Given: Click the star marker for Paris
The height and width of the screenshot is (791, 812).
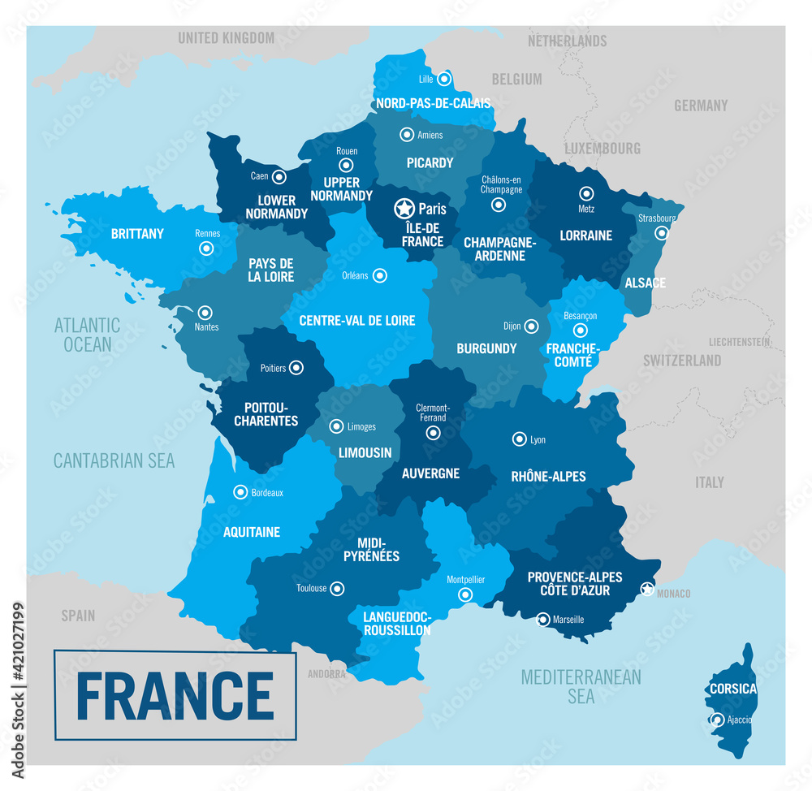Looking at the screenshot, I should (404, 209).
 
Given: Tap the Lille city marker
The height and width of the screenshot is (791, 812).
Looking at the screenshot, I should (444, 79).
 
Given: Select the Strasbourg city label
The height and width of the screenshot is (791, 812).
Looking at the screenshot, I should (656, 218).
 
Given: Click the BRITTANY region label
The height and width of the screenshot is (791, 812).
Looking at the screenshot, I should (137, 234).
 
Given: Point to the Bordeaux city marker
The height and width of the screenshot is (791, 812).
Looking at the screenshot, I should (240, 491).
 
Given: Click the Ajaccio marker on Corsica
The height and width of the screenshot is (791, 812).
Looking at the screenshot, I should (717, 720).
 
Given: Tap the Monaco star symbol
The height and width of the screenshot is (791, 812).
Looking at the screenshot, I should (647, 589).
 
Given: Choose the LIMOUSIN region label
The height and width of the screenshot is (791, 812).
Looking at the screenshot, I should (365, 452).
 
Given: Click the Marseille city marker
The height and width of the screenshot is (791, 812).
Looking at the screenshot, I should (542, 619).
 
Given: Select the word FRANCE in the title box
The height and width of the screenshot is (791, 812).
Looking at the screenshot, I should (175, 695).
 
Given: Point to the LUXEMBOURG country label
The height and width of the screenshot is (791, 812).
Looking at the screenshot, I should (603, 149).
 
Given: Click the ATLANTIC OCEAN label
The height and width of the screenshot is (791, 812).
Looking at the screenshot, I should (87, 335).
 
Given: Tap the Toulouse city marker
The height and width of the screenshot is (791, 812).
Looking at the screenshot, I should (337, 588).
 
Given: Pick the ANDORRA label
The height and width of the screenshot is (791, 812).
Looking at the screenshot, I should (326, 674).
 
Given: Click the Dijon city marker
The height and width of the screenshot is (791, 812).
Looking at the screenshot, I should (531, 326).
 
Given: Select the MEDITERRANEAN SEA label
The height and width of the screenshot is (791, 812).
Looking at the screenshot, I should (581, 686).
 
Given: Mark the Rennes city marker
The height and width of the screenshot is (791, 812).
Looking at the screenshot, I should (207, 249).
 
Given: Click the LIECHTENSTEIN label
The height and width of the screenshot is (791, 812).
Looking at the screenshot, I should (739, 342).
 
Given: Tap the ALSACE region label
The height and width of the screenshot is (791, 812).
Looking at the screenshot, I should (646, 283).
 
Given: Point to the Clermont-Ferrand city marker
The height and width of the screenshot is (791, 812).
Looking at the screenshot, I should (431, 434).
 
